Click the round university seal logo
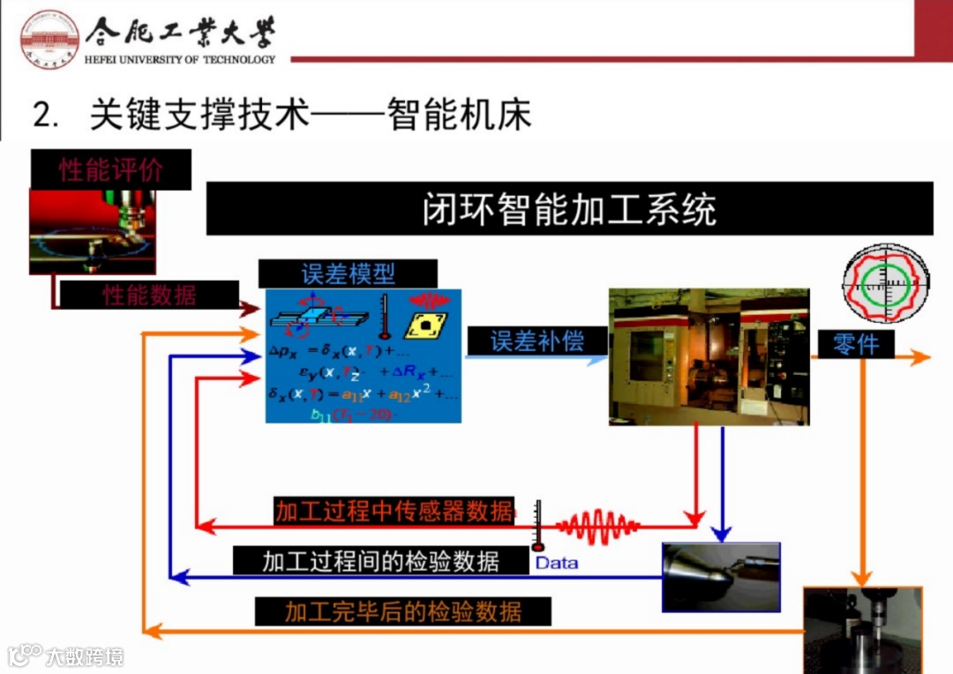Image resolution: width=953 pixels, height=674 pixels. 49,38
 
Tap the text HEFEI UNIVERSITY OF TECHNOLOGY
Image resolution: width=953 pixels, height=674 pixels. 181,60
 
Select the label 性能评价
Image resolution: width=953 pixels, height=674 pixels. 111,169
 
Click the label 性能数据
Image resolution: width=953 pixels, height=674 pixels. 149,295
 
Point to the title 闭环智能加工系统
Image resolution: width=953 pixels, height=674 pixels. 569,209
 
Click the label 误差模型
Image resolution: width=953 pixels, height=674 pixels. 349,274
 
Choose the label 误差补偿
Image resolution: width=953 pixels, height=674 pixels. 537,341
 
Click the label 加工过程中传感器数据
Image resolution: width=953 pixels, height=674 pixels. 394,512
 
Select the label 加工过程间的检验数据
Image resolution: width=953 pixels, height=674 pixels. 381,560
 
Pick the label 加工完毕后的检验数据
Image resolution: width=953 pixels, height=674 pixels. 402,611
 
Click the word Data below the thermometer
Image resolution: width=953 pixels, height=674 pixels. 557,563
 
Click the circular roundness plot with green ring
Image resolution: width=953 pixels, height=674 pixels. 885,282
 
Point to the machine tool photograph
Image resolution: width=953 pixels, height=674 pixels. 709,356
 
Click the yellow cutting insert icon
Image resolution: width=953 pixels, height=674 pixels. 425,325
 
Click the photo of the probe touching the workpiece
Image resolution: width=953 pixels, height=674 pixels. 721,577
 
